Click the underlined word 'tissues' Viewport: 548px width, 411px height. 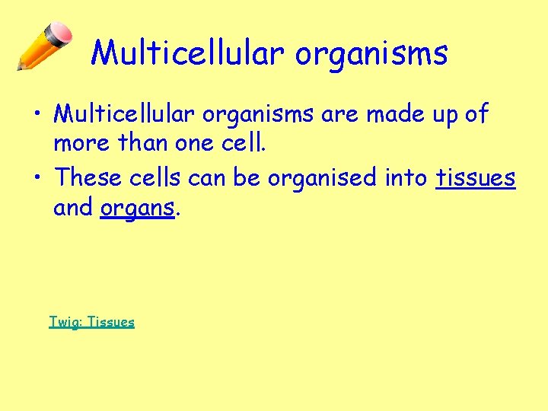click(476, 177)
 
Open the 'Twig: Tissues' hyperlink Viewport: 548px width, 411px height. click(91, 322)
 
